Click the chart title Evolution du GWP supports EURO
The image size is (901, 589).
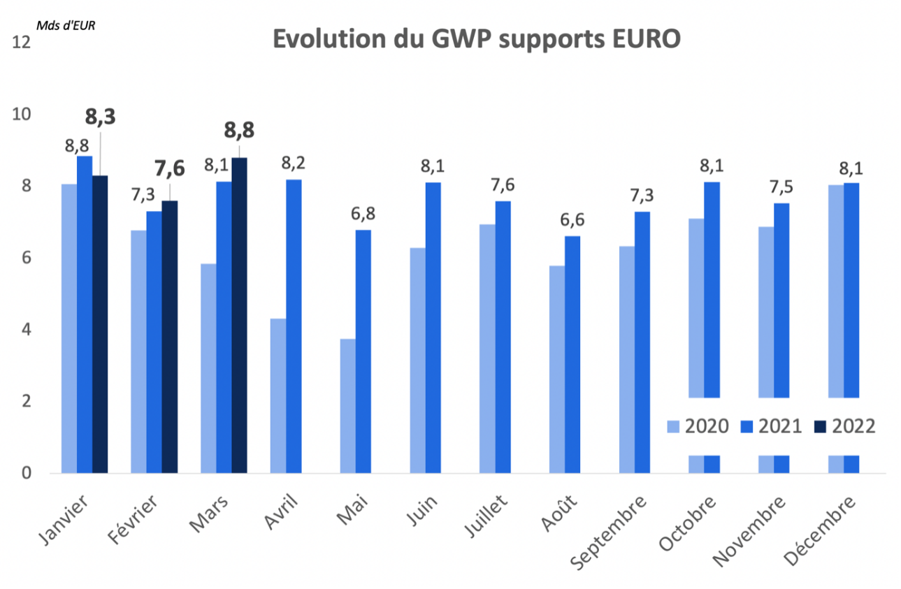(476, 39)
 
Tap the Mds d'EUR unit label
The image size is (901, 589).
(66, 26)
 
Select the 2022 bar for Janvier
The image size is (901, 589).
(100, 324)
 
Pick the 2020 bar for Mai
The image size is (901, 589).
(347, 406)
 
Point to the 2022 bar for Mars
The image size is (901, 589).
(239, 316)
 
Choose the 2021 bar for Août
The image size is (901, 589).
(572, 354)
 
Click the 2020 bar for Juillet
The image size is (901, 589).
(487, 349)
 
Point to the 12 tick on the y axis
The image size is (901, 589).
(22, 43)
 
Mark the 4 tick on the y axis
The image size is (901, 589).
(27, 330)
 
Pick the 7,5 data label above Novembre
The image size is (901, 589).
(781, 187)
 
